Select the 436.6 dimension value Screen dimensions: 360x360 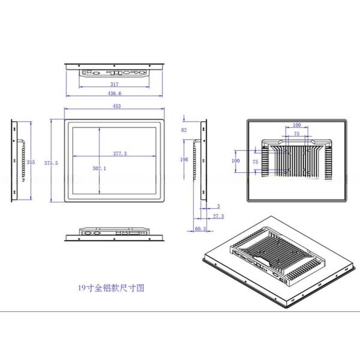point(114,94)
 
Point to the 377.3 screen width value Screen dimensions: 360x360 point(121,154)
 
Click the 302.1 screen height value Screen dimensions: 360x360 point(100,169)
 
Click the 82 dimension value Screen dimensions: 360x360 point(184,130)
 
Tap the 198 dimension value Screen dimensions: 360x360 point(184,160)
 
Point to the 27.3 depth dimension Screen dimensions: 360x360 point(218,216)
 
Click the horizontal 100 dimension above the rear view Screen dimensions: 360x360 point(296,125)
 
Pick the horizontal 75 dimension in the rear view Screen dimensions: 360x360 point(296,134)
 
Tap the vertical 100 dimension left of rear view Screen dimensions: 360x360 point(236,161)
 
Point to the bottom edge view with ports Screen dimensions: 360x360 point(114,232)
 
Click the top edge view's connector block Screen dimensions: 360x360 point(114,72)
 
